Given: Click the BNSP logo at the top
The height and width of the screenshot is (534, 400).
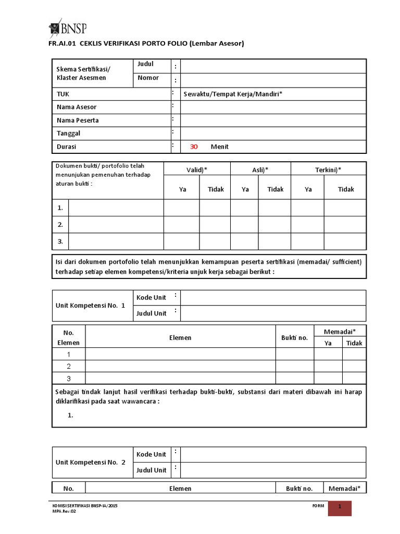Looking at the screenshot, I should click(67, 27).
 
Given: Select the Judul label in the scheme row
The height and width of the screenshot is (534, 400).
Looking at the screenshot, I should click(146, 64).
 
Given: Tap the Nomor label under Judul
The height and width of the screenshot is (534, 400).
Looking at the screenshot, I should click(148, 78).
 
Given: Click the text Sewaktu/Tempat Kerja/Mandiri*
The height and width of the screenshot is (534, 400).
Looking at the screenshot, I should click(233, 94).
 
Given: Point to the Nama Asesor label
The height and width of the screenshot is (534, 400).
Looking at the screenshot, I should click(77, 107).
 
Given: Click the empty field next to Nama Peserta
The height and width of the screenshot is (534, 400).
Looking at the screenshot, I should click(273, 120).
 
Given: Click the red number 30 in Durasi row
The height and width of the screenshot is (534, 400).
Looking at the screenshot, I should click(194, 147).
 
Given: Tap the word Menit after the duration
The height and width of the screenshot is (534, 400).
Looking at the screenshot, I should click(219, 147).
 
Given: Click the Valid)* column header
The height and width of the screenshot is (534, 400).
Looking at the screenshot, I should click(197, 170).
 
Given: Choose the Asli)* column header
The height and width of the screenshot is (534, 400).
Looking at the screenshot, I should click(260, 170).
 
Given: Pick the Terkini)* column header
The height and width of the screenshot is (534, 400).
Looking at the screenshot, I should click(328, 170).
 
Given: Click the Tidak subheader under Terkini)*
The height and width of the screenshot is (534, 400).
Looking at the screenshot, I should click(346, 189).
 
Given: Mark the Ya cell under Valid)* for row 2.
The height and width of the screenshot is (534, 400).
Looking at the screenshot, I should click(182, 225).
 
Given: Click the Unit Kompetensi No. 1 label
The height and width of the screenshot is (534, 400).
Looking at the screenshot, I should click(91, 305).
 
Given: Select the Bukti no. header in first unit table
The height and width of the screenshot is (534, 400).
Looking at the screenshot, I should click(294, 337).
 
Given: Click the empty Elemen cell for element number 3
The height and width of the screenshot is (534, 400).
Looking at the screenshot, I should click(180, 379).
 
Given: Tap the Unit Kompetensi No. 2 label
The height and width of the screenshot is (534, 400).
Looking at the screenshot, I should click(91, 462).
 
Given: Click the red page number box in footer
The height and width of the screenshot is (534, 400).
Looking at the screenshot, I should click(340, 508).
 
